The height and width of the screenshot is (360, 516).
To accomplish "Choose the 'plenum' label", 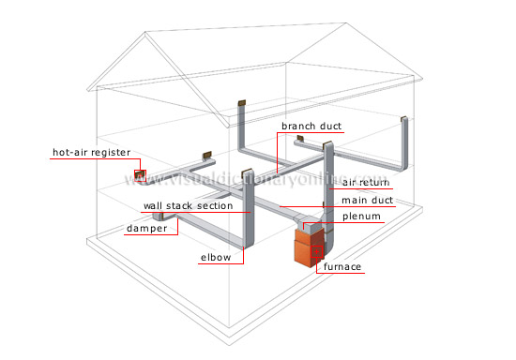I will (362, 217).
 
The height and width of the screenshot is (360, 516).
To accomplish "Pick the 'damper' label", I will (148, 228).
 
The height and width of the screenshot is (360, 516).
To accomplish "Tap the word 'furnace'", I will (342, 267).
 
